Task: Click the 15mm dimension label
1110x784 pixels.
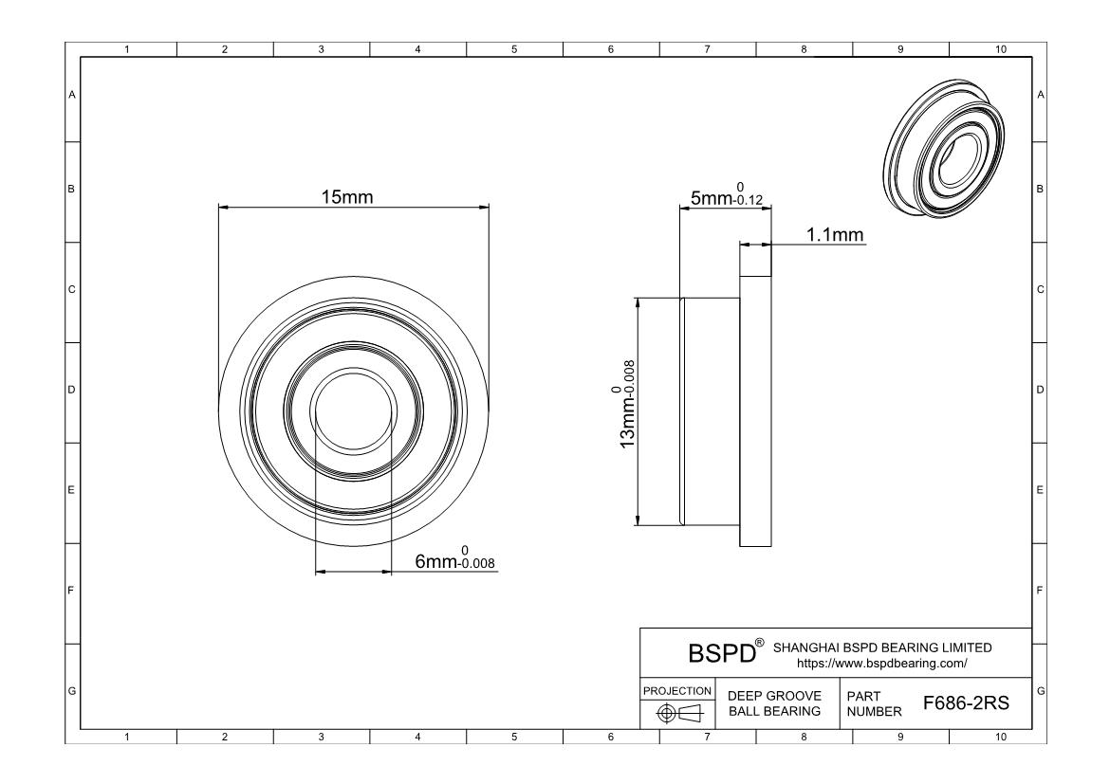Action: [347, 197]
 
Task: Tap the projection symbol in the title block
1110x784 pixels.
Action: [677, 713]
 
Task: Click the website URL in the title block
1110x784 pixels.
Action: [882, 664]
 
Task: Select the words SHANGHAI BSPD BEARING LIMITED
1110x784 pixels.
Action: [882, 647]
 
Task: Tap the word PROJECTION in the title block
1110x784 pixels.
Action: [677, 690]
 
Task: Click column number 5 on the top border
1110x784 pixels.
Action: [513, 50]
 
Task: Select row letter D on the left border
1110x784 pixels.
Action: [71, 389]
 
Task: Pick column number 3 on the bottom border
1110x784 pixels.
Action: [321, 736]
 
